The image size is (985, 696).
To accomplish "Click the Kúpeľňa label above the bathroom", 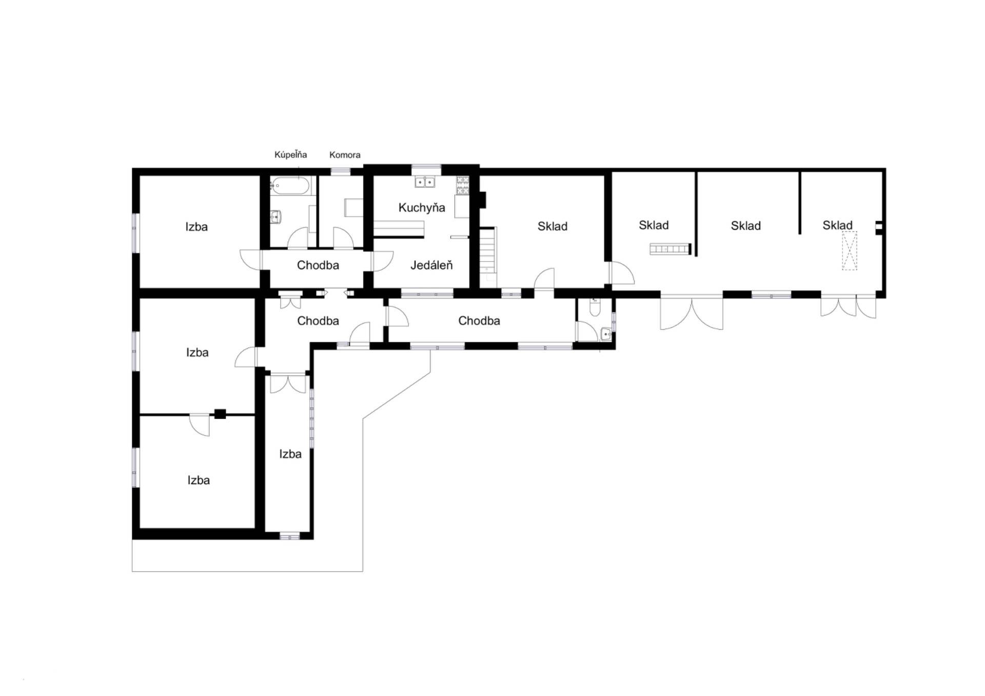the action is coord(290,154).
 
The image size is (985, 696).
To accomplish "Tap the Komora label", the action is coord(345,155).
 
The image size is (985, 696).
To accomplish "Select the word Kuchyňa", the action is coord(422,208).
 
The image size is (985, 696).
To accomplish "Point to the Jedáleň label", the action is coord(431,265).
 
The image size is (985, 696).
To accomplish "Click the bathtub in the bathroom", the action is coord(290,185).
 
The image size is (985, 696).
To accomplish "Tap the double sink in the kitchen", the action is coord(425,182).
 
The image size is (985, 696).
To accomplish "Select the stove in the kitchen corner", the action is coord(462,185).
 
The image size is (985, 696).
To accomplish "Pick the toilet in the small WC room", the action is coord(595,307).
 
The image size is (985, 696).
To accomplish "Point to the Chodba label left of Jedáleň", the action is coord(318,265).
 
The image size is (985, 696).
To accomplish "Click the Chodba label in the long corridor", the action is coord(479,321).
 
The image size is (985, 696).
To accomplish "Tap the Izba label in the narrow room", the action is coord(290,454).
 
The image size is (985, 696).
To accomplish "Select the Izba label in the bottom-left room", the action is coord(199,480).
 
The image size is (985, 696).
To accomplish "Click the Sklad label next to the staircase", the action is coord(553,226).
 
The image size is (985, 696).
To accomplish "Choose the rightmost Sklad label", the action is coord(837,225).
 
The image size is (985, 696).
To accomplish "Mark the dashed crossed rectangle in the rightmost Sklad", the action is coord(850,251).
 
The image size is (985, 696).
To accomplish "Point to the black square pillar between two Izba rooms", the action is coord(220,414).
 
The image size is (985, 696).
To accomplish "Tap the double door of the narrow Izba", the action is coord(288,383).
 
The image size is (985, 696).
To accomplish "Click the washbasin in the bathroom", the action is coord(277,217).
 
